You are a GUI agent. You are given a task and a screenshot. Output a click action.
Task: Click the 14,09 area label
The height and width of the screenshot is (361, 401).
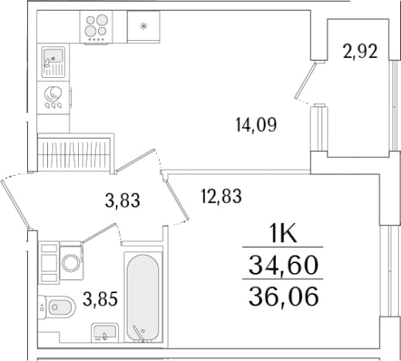(x=257, y=125)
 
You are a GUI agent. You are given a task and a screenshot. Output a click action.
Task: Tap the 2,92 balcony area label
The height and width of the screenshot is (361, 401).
(x=360, y=52)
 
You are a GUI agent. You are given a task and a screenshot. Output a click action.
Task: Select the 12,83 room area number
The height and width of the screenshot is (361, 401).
(x=221, y=196)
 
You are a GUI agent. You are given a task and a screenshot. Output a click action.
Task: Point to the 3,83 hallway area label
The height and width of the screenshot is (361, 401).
(x=123, y=201)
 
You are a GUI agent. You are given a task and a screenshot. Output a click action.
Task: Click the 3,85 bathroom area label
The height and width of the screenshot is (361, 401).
(x=100, y=299)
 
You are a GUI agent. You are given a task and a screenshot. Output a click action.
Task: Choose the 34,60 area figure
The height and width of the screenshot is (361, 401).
(x=284, y=265)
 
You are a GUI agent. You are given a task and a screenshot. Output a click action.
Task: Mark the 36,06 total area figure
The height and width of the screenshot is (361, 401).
(x=284, y=296)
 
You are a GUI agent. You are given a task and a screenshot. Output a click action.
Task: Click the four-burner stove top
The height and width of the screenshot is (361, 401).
(x=97, y=27)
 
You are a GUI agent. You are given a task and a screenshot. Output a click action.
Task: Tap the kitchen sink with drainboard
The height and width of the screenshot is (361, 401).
(x=53, y=62)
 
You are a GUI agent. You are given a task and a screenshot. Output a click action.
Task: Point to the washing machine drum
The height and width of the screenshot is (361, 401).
(x=71, y=263)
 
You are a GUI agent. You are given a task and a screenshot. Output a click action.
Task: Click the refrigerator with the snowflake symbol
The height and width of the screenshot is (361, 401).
(x=144, y=26)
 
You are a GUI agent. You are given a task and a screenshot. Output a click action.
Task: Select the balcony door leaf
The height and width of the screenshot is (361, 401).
(x=305, y=80)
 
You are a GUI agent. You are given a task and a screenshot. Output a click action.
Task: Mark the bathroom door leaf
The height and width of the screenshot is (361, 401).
(x=99, y=233)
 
